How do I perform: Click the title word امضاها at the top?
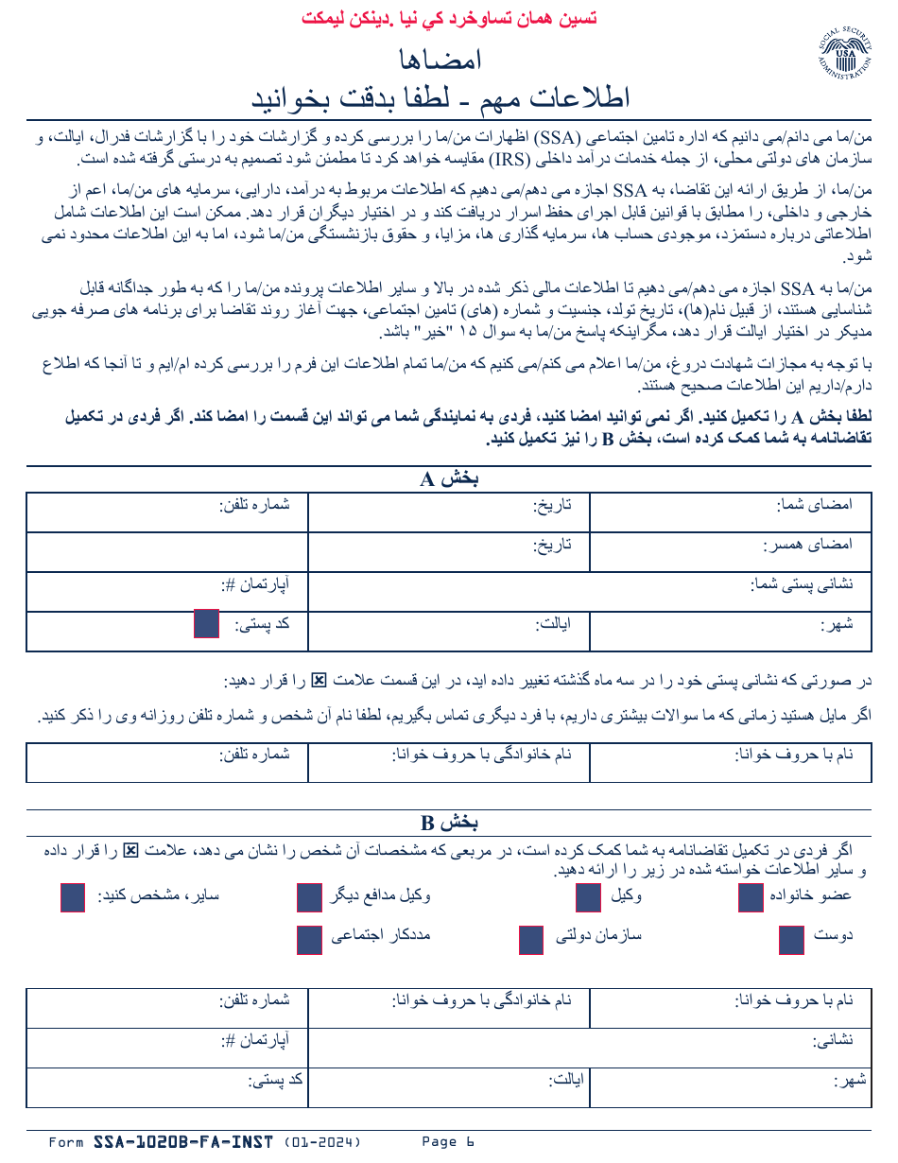(441, 59)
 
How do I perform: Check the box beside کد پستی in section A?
(206, 624)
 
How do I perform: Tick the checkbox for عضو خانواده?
(751, 897)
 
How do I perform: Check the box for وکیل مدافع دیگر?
(310, 897)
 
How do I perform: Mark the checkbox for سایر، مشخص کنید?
(73, 897)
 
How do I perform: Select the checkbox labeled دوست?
(791, 940)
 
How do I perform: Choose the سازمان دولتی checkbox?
(531, 940)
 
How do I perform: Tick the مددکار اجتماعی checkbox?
(310, 940)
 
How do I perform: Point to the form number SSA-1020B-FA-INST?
(183, 1142)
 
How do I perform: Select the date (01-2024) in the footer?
(322, 1142)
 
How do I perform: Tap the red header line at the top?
(448, 18)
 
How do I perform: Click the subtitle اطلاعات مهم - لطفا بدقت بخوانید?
(441, 97)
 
